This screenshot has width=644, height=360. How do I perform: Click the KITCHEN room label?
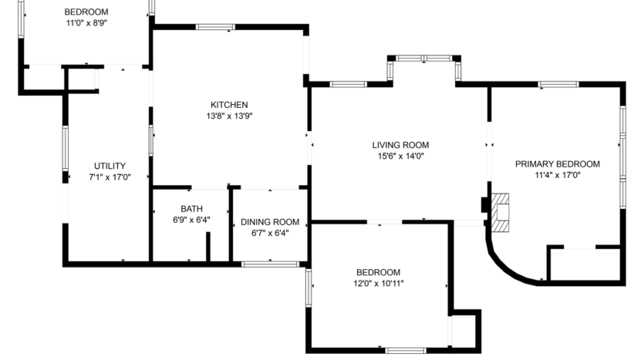click(x=229, y=105)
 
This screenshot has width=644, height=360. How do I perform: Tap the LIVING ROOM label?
click(x=400, y=145)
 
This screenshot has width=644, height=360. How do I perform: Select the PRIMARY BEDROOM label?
click(x=557, y=164)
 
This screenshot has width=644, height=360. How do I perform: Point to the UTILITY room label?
click(x=110, y=166)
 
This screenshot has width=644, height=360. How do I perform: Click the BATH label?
click(x=191, y=209)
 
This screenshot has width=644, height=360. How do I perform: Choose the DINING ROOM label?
click(x=269, y=222)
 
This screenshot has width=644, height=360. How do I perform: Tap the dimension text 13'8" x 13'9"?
click(x=229, y=116)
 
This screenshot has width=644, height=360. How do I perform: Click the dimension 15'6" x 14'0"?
click(x=400, y=156)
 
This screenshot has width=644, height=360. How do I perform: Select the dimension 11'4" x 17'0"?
click(x=557, y=176)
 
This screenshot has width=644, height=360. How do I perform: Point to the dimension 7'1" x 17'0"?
click(x=110, y=177)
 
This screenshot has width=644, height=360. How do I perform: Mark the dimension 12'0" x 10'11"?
click(x=378, y=284)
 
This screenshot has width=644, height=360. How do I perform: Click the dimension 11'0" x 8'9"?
click(x=86, y=23)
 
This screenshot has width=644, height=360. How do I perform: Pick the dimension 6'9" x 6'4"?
click(x=191, y=220)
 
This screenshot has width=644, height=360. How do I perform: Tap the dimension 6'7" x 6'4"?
click(x=269, y=234)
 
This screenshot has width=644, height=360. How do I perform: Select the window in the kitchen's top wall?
click(x=215, y=27)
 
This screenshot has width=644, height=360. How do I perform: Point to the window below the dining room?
click(x=270, y=264)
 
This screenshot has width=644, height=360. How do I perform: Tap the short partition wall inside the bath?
click(x=208, y=247)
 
